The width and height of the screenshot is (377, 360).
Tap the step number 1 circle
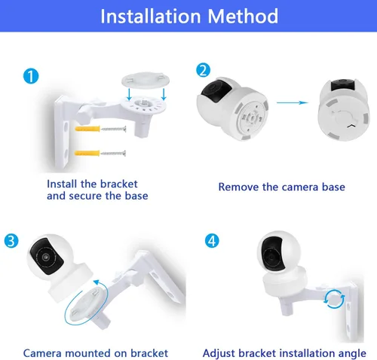(x=29, y=75)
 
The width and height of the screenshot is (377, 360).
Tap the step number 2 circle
(x=203, y=70)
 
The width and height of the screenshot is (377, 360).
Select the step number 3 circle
(x=11, y=240)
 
